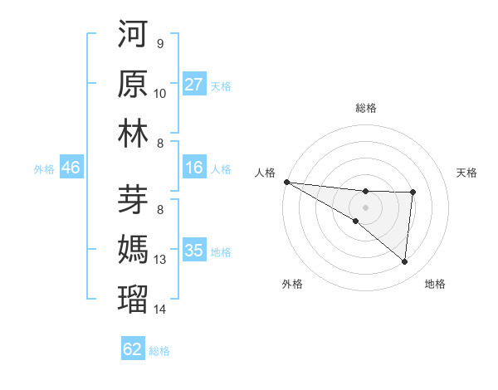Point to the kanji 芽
(134, 199)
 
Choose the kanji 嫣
(134, 248)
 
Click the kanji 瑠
(134, 296)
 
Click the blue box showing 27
(194, 85)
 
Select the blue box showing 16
(194, 168)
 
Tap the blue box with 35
(194, 251)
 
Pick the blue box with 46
(71, 168)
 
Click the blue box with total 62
(133, 349)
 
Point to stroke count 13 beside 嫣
(160, 260)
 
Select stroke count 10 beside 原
(160, 94)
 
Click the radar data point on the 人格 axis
(286, 182)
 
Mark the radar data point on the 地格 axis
(404, 262)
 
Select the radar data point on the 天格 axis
(413, 193)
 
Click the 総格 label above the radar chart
(366, 109)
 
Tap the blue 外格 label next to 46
(44, 169)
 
